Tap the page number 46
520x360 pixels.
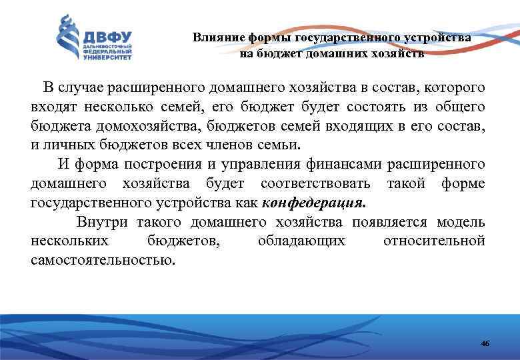pyautogui.click(x=485, y=343)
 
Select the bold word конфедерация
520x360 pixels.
pyautogui.click(x=315, y=203)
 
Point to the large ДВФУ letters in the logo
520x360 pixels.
pyautogui.click(x=107, y=37)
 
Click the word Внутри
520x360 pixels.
pyautogui.click(x=103, y=222)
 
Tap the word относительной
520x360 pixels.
pyautogui.click(x=434, y=241)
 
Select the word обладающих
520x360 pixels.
pyautogui.click(x=301, y=241)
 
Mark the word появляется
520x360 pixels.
pyautogui.click(x=391, y=222)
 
